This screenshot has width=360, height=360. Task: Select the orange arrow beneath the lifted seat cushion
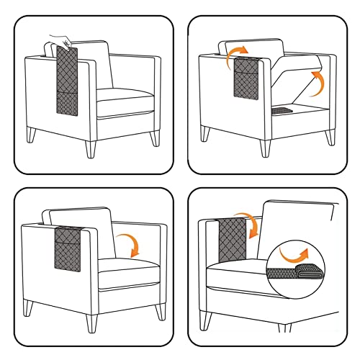click(315, 85)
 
